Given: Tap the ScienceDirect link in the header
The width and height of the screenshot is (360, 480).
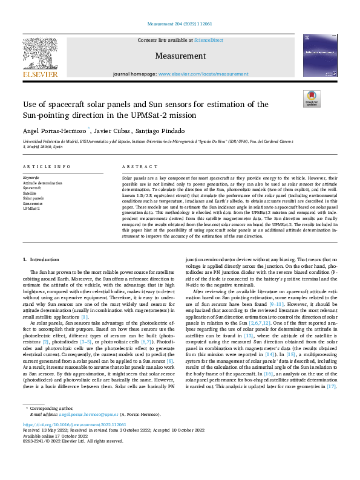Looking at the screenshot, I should pos(208,40).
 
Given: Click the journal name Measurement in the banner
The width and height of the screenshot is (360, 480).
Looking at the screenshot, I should pos(180,56).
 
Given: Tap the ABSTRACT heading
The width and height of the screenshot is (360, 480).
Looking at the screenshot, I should pos(136,166).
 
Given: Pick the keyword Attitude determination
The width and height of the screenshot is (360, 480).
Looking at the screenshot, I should pos(42,183).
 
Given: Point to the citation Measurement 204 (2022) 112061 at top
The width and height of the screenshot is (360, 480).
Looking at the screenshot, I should pos(180,25).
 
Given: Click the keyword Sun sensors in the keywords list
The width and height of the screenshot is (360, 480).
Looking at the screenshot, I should pos(33,203).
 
